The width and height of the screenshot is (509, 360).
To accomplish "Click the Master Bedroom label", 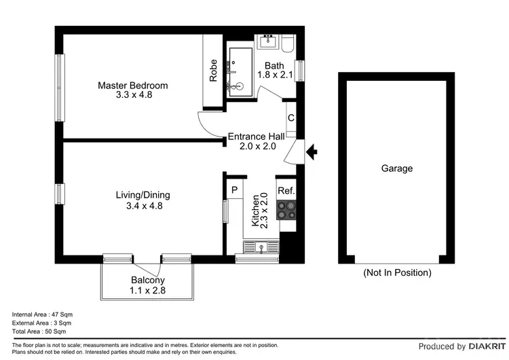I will [x=132, y=86].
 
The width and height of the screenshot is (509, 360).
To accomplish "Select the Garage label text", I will [x=396, y=168].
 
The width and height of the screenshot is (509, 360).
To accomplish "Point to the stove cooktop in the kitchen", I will [x=288, y=211].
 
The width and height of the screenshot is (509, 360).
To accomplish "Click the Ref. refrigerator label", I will [x=286, y=191].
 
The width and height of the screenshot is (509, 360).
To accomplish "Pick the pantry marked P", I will [x=233, y=190].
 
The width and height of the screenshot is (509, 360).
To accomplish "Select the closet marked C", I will [x=291, y=118].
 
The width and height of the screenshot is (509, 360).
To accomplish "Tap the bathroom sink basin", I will [x=268, y=40].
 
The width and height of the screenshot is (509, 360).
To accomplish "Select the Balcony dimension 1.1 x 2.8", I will [x=147, y=291].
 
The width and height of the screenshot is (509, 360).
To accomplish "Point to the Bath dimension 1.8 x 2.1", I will [x=278, y=75].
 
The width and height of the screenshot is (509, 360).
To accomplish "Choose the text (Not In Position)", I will [x=397, y=273].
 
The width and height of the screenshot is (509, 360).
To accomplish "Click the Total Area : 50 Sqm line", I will [x=39, y=332].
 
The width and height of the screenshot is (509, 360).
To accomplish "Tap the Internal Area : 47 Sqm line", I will [x=42, y=314].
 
